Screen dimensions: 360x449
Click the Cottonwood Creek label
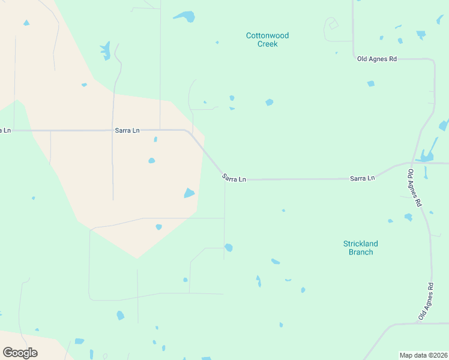[x=267, y=40]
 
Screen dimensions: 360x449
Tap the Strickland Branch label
[x=360, y=248]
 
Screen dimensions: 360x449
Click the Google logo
[x=20, y=353]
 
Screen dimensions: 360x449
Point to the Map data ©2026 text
[x=424, y=355]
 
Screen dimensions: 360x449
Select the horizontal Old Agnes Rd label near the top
[x=377, y=59]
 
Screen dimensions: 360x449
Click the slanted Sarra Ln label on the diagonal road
[x=234, y=178]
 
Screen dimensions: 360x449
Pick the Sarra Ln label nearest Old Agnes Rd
[x=363, y=178]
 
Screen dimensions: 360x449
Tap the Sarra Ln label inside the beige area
[x=127, y=130]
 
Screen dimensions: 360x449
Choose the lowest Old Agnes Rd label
[x=426, y=301]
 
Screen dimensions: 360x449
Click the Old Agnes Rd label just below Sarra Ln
[x=414, y=188]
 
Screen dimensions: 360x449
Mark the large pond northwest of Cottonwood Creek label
[x=185, y=16]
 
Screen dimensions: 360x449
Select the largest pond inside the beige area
[x=189, y=193]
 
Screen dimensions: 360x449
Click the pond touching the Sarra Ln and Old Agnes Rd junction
[x=426, y=157]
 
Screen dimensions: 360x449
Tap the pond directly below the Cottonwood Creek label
[x=270, y=102]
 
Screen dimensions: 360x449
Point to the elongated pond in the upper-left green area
[x=106, y=50]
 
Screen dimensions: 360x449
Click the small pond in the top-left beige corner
[x=26, y=23]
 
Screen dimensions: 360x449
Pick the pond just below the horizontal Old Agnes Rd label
[x=371, y=83]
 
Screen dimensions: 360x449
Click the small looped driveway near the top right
[x=331, y=25]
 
